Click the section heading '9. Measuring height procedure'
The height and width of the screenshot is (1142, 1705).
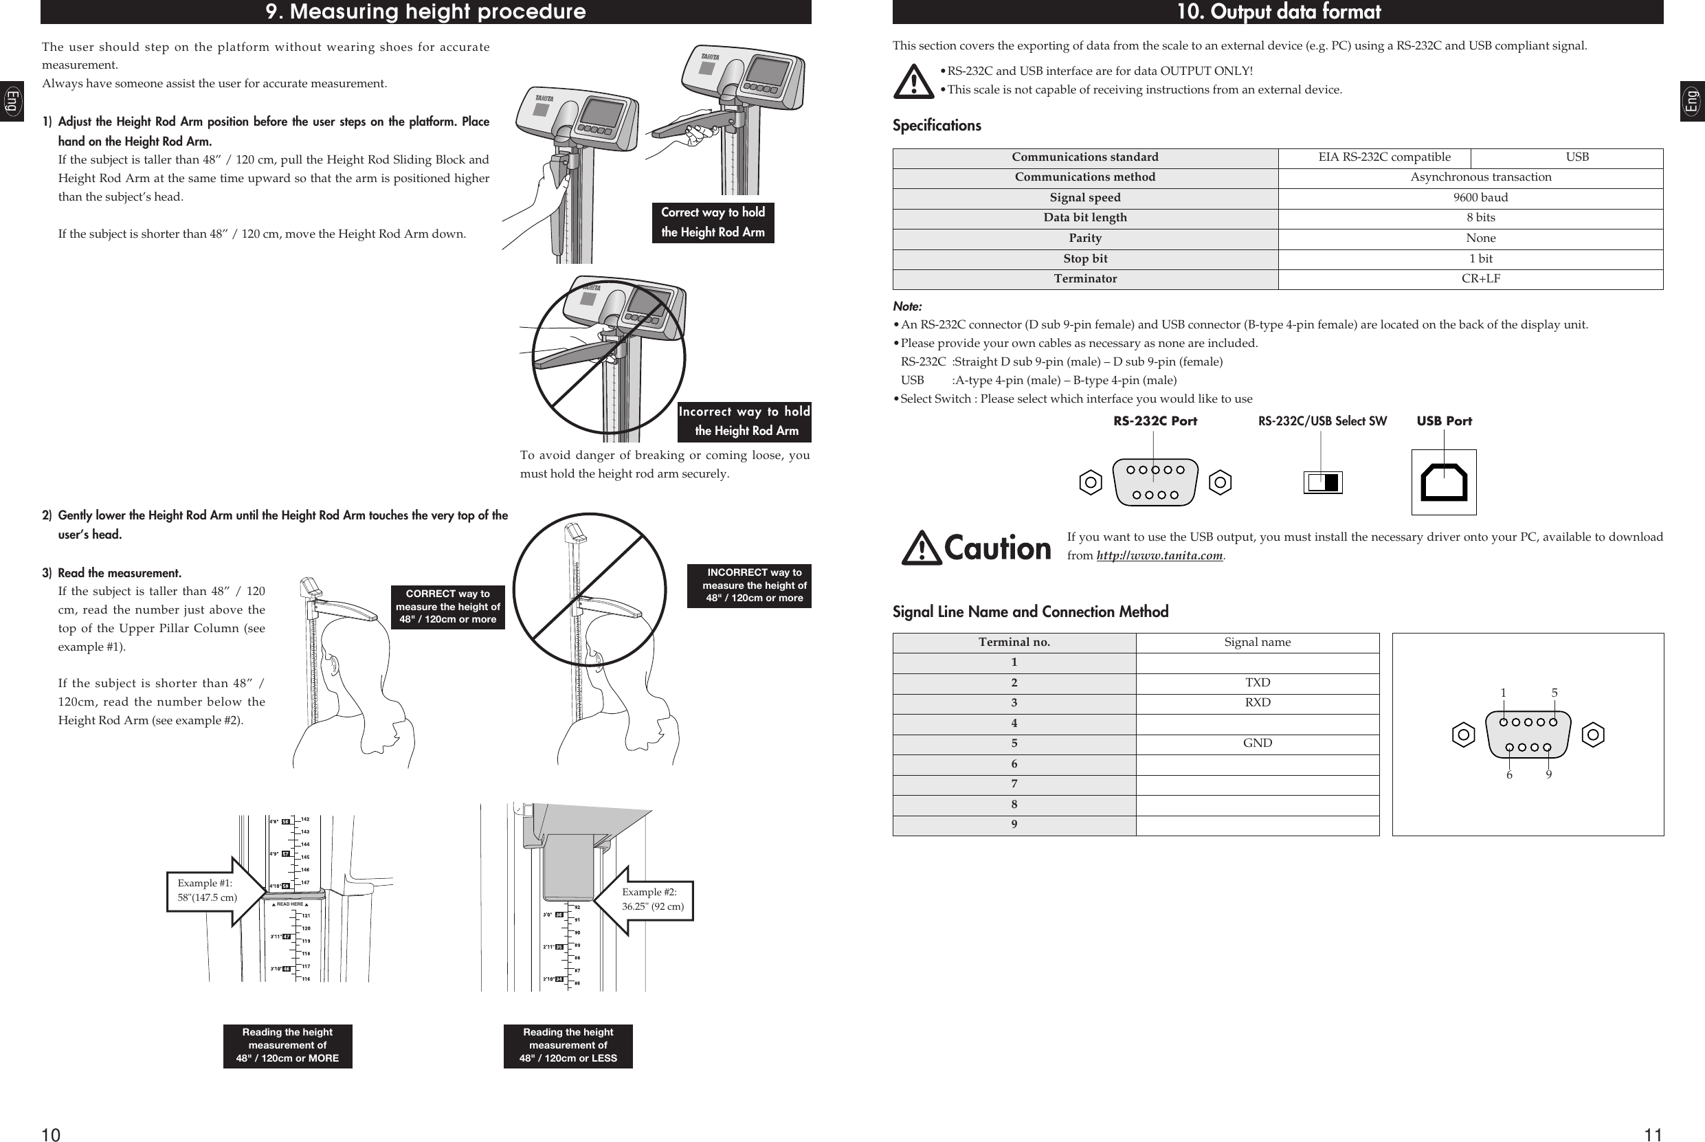click(x=425, y=12)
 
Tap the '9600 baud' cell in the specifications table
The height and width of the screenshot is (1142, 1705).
click(x=1480, y=197)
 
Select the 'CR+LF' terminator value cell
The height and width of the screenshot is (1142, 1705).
click(x=1480, y=279)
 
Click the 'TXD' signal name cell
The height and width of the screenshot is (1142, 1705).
click(x=1257, y=682)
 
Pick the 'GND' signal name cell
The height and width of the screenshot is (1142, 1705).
click(x=1257, y=743)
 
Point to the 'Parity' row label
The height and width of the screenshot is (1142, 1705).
click(x=1084, y=238)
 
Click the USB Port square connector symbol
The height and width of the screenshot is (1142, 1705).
click(x=1444, y=482)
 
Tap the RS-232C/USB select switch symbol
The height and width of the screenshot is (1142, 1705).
click(x=1323, y=482)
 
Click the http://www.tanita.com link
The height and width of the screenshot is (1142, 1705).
click(x=1159, y=556)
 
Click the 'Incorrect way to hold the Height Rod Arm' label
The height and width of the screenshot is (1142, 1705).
click(x=744, y=422)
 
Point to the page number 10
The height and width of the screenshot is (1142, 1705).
click(x=50, y=1134)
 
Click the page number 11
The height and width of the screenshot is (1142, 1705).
click(x=1653, y=1134)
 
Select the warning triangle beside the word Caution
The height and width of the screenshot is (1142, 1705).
click(x=922, y=548)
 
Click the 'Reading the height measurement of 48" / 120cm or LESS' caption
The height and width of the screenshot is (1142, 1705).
click(x=568, y=1045)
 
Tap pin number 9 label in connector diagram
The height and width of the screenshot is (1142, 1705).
click(x=1548, y=775)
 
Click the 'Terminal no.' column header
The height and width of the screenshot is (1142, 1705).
click(x=1014, y=642)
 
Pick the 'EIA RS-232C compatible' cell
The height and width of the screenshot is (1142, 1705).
click(x=1384, y=157)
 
